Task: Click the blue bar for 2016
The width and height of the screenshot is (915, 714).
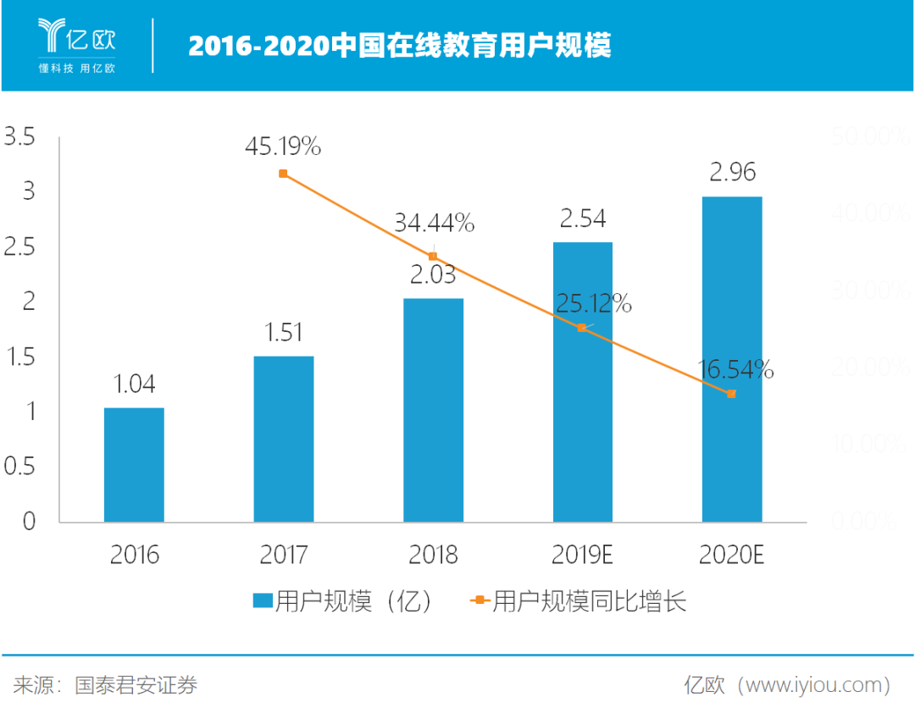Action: point(134,464)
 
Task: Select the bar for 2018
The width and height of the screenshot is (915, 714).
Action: point(433,410)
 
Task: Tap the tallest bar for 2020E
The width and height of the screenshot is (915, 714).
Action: point(732,359)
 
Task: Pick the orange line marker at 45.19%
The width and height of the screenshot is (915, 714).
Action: point(283,174)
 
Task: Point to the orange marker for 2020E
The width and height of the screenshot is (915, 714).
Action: point(732,393)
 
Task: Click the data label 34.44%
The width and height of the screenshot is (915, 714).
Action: point(434,224)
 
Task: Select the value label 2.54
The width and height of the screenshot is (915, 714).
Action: point(583,219)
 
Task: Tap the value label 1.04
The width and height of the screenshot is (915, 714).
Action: point(134,385)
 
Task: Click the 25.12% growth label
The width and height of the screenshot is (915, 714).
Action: point(593,303)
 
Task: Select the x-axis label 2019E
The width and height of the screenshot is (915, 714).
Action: point(583,555)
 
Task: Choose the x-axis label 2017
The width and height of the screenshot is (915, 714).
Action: point(284,555)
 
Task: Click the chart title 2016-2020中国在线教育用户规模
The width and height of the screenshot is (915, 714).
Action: point(399,46)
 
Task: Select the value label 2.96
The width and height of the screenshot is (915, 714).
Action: point(733,172)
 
